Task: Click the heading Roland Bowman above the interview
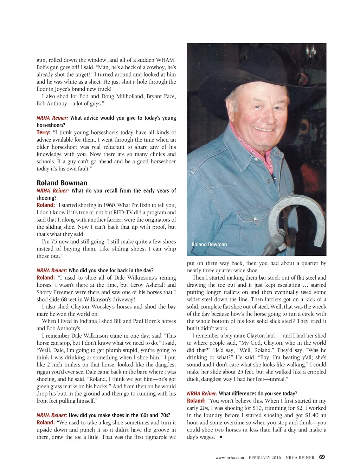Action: point(62,183)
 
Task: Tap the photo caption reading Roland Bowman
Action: point(209,244)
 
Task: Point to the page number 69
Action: point(322,457)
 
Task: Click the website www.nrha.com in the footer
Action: point(230,457)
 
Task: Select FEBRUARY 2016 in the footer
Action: point(265,457)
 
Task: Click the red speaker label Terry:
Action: point(43,132)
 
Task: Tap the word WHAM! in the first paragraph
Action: point(166,60)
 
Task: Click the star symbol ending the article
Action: point(221,437)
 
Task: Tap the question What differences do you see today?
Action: point(258,394)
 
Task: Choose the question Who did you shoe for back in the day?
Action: point(111,270)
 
